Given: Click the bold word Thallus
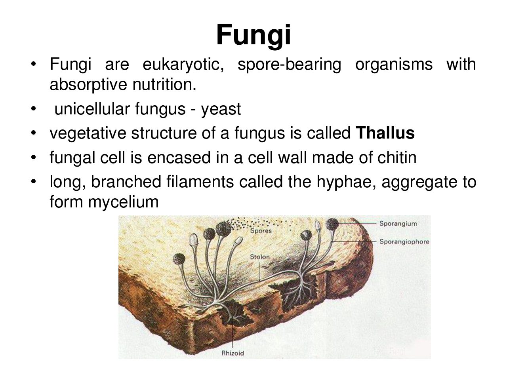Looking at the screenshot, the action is (385, 133).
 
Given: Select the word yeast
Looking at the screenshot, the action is (221, 109).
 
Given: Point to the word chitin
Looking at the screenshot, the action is (397, 158).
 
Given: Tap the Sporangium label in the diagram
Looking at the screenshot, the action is (398, 224).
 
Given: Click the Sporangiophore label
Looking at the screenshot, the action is (404, 241).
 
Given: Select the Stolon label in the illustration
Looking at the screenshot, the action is (259, 257).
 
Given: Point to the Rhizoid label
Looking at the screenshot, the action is (233, 353).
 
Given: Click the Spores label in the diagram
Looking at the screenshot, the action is (261, 231).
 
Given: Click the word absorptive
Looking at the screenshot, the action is (88, 85).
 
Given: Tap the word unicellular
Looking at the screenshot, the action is (92, 109).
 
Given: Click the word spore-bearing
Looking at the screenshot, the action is (290, 65).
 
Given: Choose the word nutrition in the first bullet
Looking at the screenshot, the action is (164, 85).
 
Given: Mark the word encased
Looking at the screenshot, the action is (179, 158).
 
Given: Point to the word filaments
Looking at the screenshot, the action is (200, 182).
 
